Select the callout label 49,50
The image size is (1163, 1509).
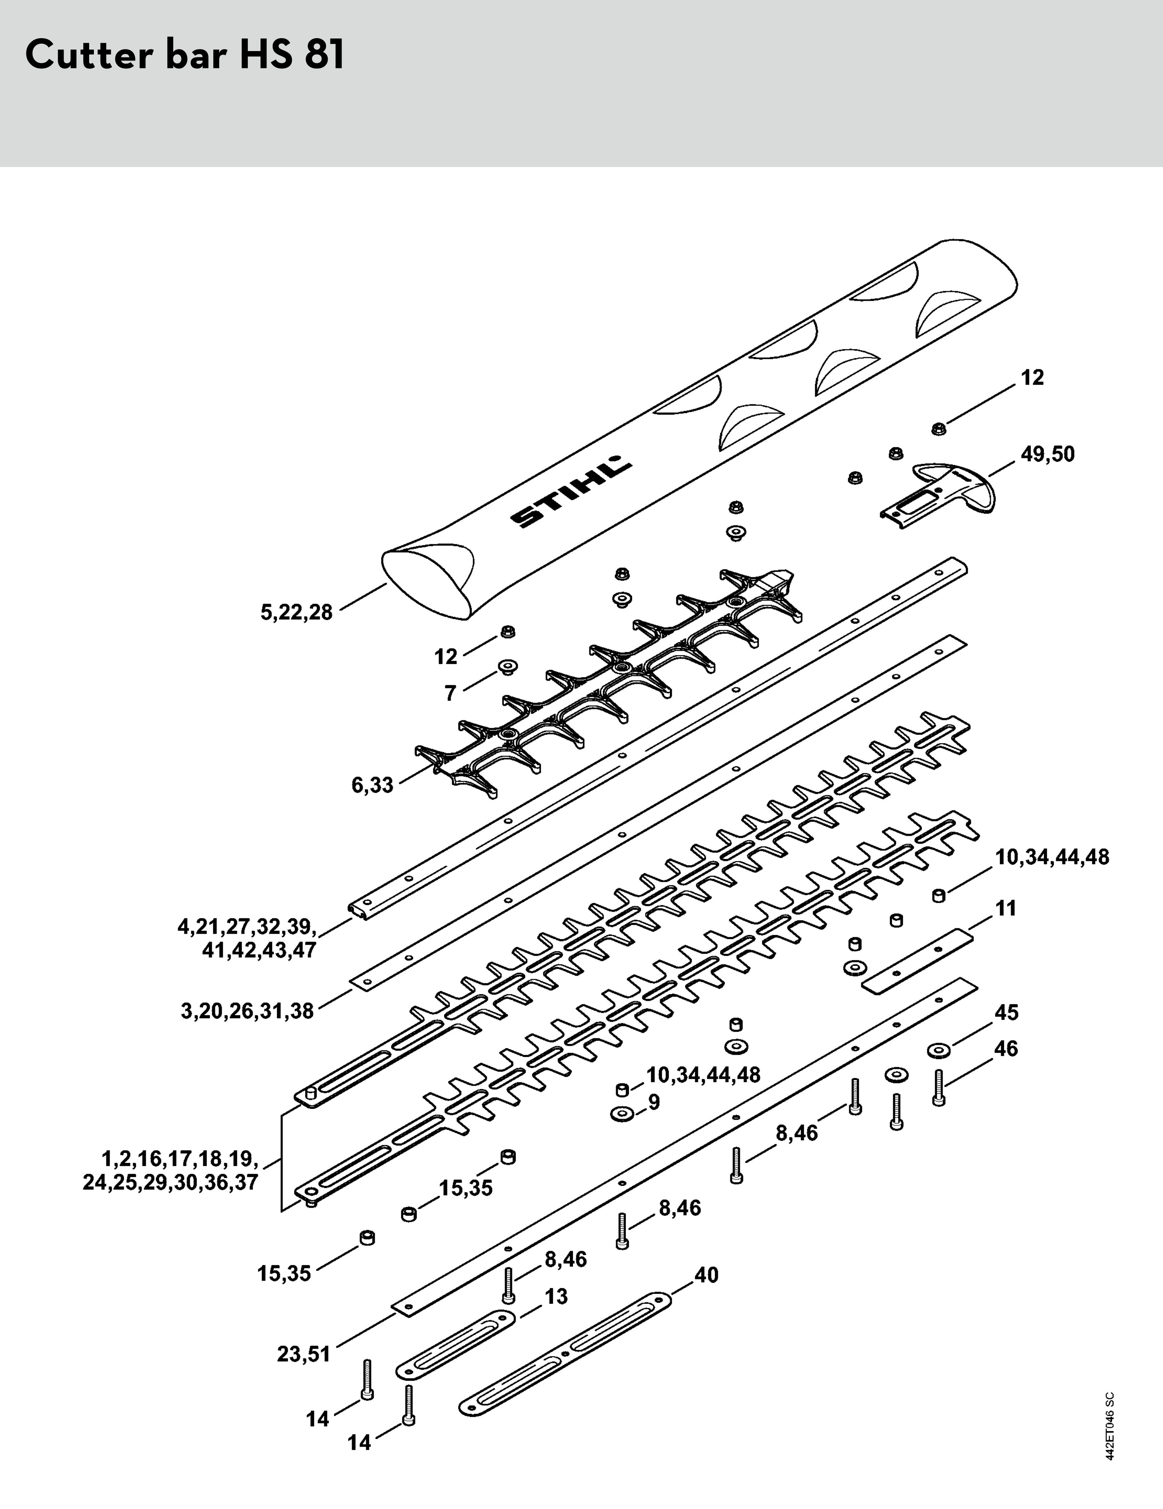(x=1047, y=455)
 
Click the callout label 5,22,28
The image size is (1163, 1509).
(x=296, y=612)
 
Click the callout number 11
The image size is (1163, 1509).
(x=1006, y=909)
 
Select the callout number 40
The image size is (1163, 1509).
(x=706, y=1275)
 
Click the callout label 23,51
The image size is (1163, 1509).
(x=304, y=1354)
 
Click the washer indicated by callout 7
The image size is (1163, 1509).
(x=508, y=667)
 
